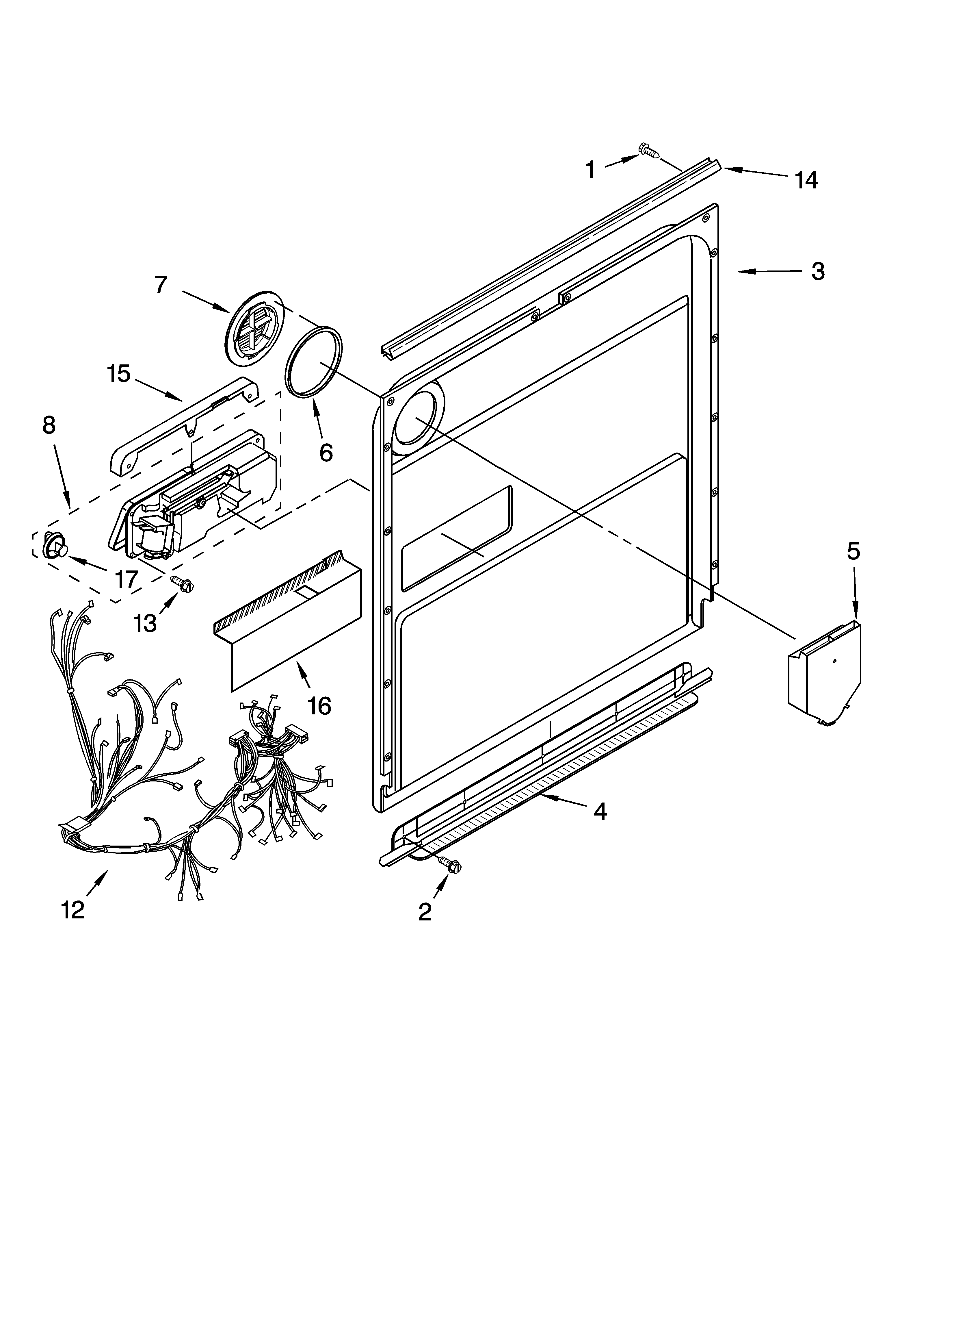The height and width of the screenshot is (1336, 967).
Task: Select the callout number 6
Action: pos(326,452)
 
